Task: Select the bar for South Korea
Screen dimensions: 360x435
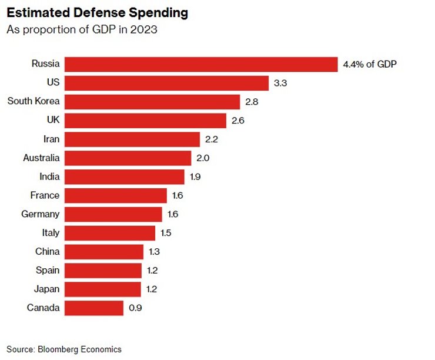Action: coord(152,101)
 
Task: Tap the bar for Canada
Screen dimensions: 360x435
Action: coord(94,308)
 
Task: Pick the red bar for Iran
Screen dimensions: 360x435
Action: coord(132,139)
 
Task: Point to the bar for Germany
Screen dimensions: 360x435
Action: coord(113,214)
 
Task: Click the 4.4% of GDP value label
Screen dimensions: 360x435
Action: coord(370,64)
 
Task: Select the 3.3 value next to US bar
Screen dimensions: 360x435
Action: coord(280,83)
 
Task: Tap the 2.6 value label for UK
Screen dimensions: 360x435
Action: coord(237,121)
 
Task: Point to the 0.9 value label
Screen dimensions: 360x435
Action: coord(135,308)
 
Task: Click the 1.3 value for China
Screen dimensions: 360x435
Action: coord(155,252)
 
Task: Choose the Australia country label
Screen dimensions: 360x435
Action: coord(41,158)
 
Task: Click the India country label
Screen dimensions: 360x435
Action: coord(49,176)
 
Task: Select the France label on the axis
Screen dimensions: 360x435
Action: coord(45,195)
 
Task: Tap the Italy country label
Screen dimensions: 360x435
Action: coord(51,233)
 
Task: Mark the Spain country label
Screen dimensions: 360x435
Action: coord(47,271)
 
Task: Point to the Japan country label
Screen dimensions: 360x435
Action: coord(46,289)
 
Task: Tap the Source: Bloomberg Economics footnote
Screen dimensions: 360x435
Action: coord(64,349)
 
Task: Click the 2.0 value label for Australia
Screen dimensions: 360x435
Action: coord(202,158)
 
